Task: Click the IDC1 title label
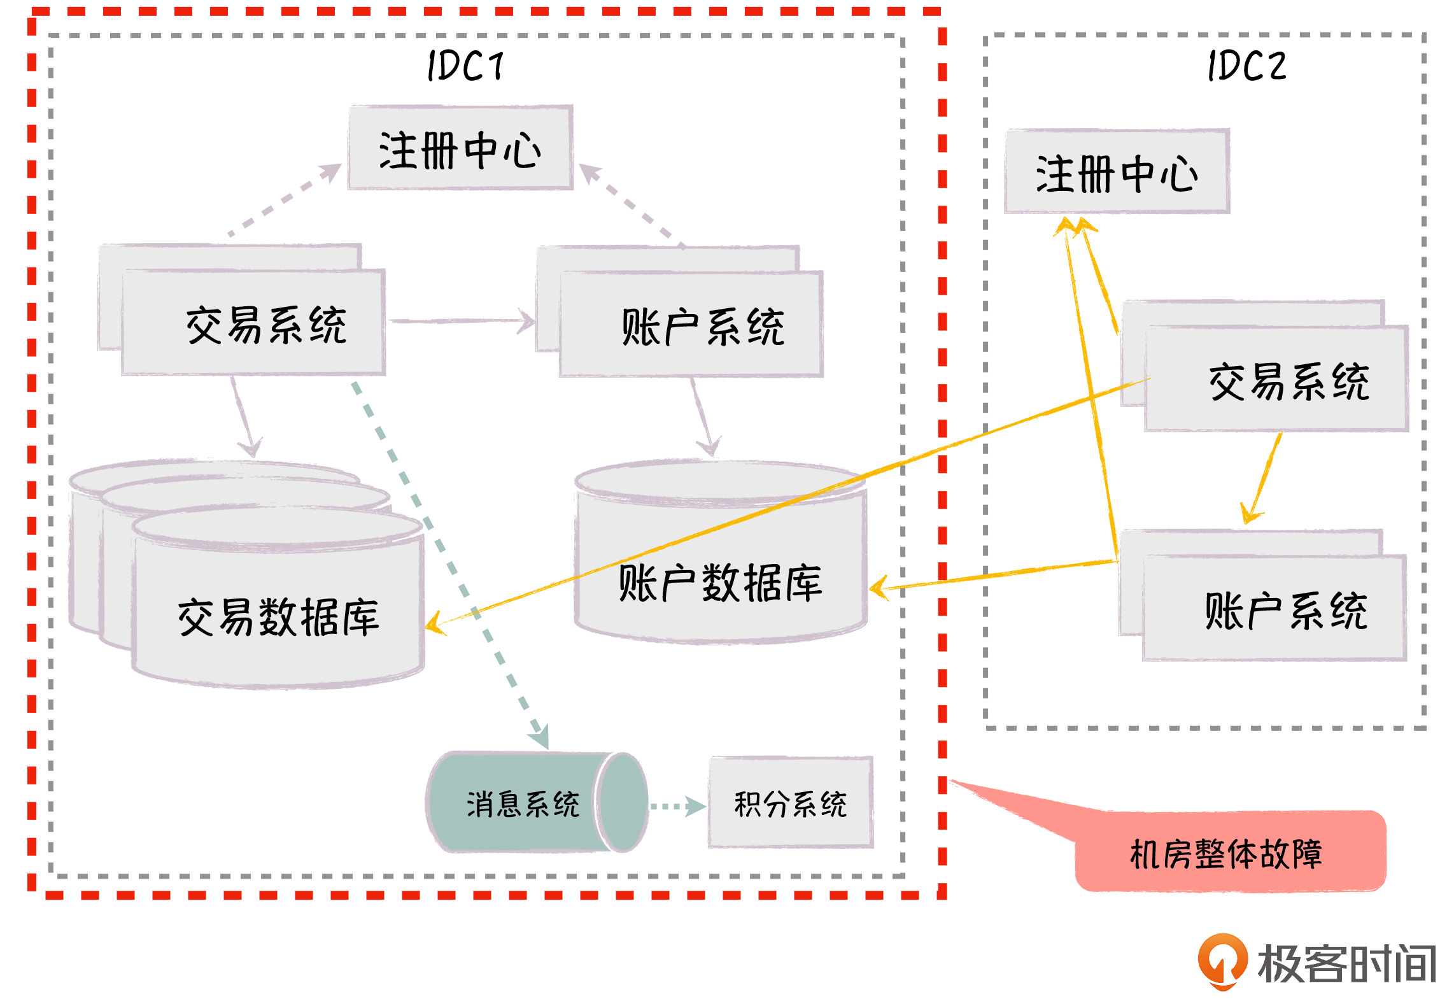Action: point(465,66)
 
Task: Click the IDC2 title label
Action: point(1246,66)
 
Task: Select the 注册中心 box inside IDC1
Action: point(460,149)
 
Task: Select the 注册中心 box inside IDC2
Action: point(1117,172)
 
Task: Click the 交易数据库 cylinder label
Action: point(278,617)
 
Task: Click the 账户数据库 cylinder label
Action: point(720,583)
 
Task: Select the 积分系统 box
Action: point(790,803)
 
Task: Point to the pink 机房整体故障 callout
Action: point(1229,853)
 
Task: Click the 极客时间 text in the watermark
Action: point(1346,963)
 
